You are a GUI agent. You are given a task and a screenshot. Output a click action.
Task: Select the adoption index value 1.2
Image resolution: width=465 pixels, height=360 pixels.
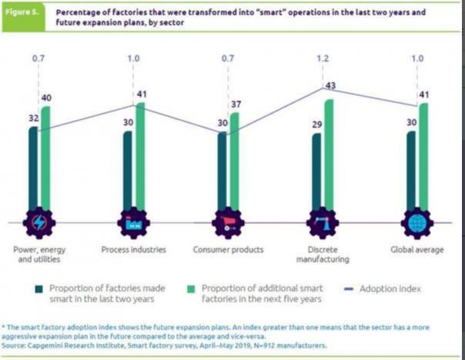[x=323, y=58]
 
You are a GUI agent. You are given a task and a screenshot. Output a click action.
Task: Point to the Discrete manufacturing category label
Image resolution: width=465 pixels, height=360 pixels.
[x=323, y=255]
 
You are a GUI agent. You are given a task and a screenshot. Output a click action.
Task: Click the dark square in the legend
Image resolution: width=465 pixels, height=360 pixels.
[x=38, y=289]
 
